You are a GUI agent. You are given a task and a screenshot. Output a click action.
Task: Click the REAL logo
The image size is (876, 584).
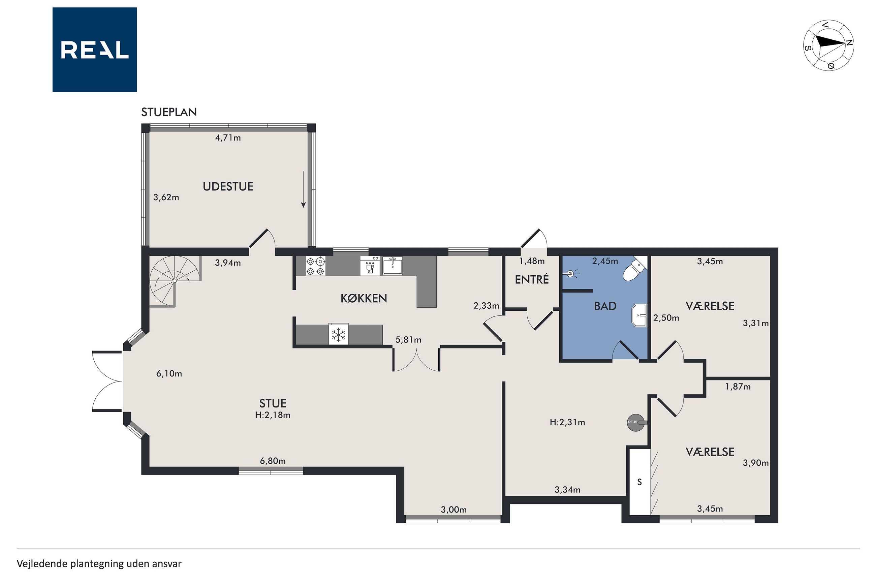click(x=95, y=50)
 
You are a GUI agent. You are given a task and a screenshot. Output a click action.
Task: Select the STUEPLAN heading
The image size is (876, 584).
click(x=169, y=112)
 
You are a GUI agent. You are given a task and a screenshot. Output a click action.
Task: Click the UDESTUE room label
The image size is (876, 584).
click(x=228, y=186)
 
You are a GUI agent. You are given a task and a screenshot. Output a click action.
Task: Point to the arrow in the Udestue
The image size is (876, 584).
click(x=304, y=189)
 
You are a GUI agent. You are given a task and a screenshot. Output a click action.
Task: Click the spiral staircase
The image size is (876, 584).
click(x=175, y=281)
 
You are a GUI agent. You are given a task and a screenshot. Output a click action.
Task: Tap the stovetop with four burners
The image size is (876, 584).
click(x=315, y=266)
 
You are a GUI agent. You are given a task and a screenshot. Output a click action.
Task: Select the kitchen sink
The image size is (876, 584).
click(x=393, y=266)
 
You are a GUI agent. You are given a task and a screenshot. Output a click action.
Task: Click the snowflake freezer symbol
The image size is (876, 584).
click(x=338, y=334)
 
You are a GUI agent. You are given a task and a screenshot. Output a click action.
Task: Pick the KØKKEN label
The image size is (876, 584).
click(x=364, y=298)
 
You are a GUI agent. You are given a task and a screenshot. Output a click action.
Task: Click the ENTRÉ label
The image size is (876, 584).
click(x=532, y=279)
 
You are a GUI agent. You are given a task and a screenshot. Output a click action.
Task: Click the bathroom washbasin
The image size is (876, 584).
click(x=639, y=315)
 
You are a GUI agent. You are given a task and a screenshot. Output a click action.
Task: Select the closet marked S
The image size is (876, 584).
click(x=639, y=482)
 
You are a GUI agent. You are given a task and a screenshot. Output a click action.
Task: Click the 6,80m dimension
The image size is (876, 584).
click(x=273, y=461)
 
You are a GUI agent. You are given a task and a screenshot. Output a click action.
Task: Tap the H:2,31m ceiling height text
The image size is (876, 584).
click(x=567, y=422)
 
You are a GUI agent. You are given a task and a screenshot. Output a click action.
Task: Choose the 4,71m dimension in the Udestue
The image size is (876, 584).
click(x=228, y=138)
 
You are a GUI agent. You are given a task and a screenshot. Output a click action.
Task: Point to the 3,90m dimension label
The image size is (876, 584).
click(x=756, y=463)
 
